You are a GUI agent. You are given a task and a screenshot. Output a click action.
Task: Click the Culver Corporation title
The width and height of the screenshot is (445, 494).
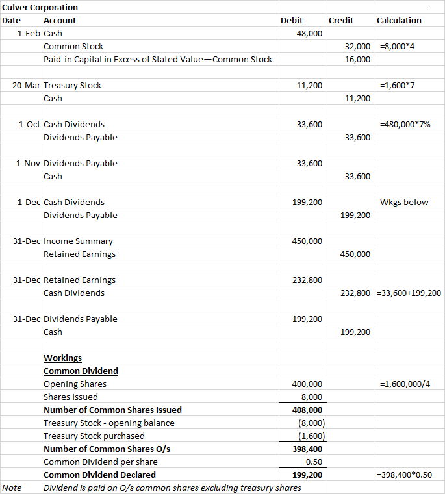coord(40,7)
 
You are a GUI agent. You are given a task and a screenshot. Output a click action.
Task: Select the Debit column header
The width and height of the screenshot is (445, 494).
coord(291,20)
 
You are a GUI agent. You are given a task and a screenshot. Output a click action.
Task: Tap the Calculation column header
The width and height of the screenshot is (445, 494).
coord(399,20)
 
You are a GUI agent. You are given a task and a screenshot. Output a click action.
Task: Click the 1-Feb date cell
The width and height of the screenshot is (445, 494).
coord(29,33)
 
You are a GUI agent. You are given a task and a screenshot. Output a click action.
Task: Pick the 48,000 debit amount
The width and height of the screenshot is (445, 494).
coord(309,33)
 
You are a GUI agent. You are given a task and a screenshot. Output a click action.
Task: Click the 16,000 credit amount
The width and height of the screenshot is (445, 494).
coord(358,59)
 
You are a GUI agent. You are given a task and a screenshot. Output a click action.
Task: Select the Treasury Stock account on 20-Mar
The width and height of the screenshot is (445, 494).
coord(72,85)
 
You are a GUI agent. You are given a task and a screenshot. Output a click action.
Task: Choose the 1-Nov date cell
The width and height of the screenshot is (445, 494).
coord(28,163)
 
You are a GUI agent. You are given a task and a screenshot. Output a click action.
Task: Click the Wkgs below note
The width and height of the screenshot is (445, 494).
coord(404,202)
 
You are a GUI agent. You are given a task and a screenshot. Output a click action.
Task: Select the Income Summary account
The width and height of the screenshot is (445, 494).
coord(78,241)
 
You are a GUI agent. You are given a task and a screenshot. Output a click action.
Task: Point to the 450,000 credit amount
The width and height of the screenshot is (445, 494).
coord(355,254)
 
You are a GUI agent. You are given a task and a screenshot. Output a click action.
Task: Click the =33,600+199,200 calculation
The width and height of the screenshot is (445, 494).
coord(409,293)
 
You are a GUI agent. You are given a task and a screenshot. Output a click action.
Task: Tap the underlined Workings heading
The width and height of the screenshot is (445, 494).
coord(62,358)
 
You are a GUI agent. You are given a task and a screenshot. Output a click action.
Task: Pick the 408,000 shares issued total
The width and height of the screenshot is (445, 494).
coord(307,410)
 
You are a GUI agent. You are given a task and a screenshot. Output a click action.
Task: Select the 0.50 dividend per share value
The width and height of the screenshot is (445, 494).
coord(314,462)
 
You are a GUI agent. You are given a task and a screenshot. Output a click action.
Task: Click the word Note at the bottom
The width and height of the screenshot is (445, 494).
coord(12,488)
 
